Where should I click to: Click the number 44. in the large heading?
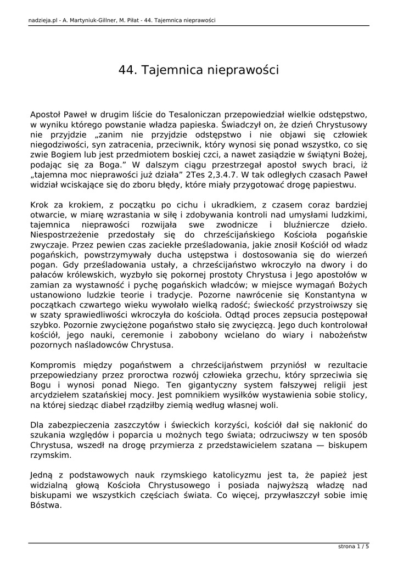pos(127,71)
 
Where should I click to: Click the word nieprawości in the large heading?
pos(244,71)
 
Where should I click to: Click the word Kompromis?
pos(55,365)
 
